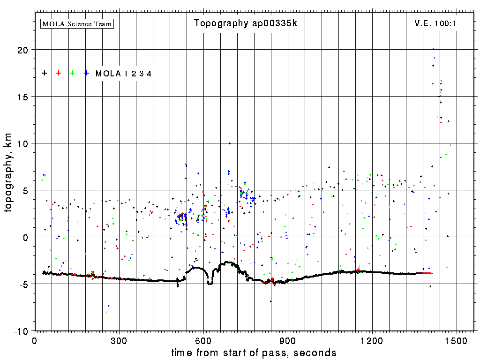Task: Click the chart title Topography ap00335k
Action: (245, 23)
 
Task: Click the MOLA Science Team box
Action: (77, 23)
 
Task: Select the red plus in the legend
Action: (59, 73)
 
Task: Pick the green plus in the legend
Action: (73, 73)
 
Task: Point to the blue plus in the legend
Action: (87, 73)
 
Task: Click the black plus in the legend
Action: (45, 73)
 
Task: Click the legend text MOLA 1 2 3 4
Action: (123, 74)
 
